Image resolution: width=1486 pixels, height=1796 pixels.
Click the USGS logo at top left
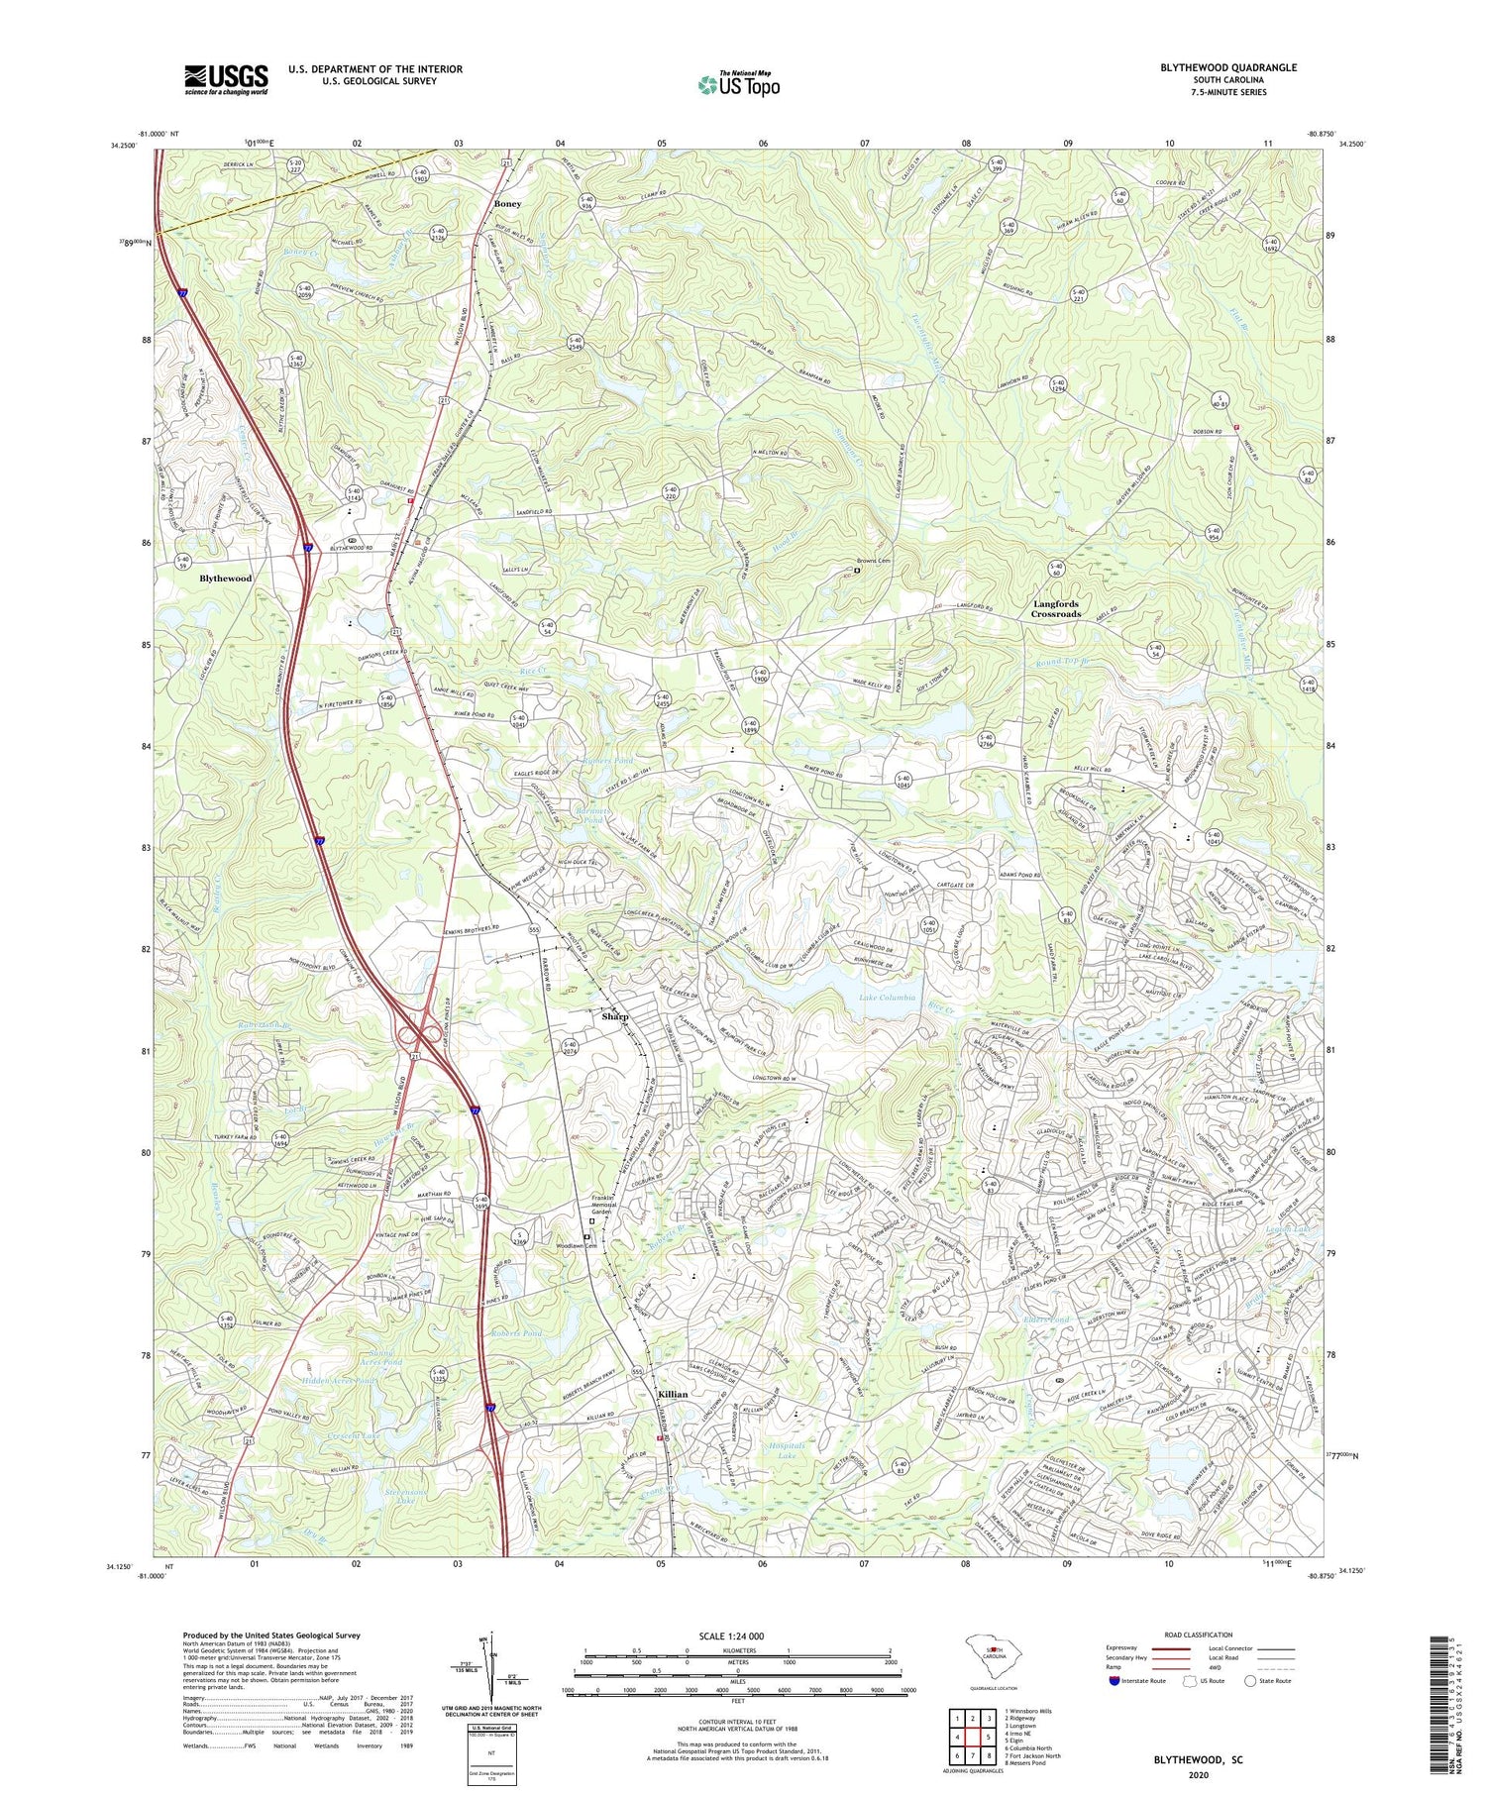[x=226, y=79]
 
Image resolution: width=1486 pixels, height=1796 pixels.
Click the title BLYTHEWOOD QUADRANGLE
[x=1228, y=67]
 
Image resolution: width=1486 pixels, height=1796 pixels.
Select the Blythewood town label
[x=226, y=578]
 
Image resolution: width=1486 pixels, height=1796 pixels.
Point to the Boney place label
[x=507, y=203]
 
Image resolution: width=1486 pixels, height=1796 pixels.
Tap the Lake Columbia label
[x=888, y=998]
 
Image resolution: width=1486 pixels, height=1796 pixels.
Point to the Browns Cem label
[x=875, y=561]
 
